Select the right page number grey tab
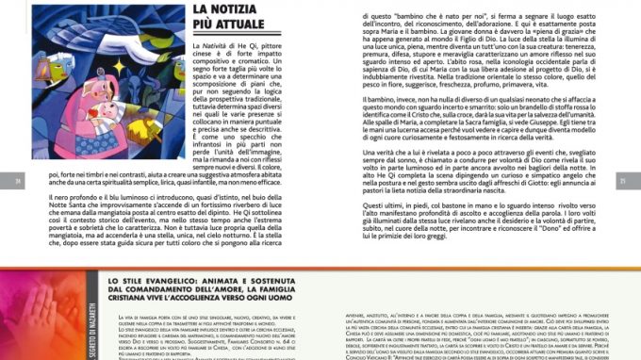621,181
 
